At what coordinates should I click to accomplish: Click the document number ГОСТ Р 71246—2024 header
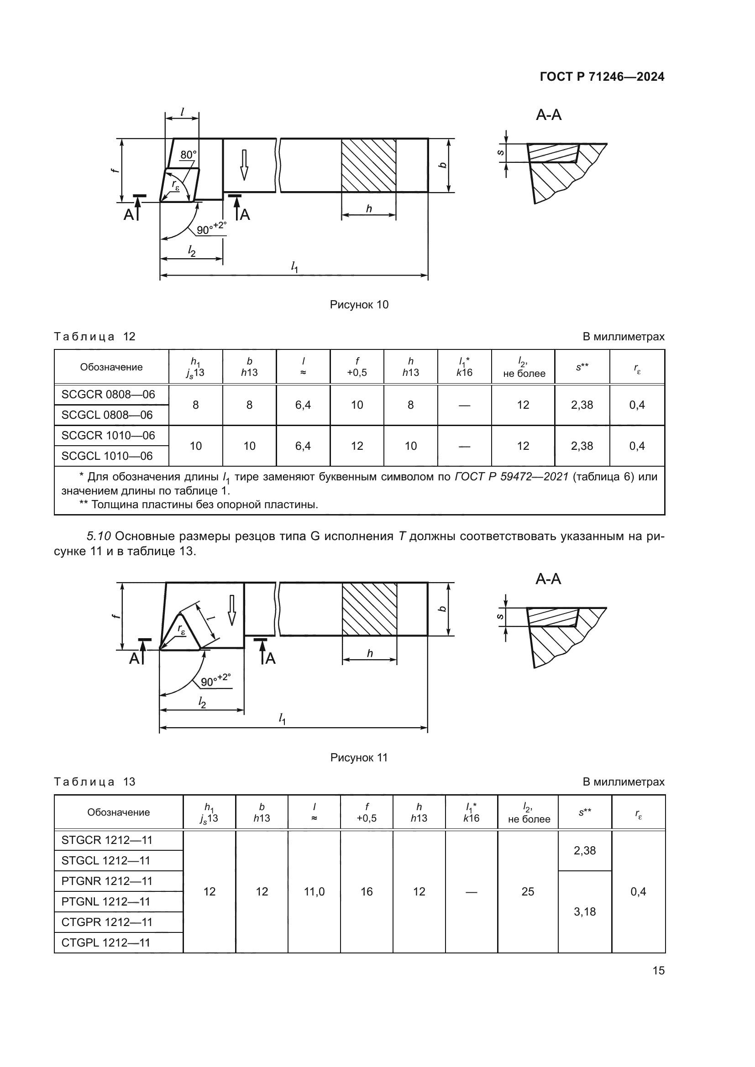click(602, 77)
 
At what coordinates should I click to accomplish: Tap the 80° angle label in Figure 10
click(188, 155)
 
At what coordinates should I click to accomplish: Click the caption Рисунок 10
click(359, 305)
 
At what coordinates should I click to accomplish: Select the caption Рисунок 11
click(359, 758)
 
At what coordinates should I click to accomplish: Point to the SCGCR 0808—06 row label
click(108, 395)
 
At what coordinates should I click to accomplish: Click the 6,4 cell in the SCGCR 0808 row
click(303, 405)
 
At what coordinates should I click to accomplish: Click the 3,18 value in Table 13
click(584, 912)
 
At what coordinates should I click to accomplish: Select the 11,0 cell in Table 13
click(314, 891)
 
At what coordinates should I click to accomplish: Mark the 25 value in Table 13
click(528, 891)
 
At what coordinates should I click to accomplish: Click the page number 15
click(658, 970)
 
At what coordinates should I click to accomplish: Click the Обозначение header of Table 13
click(119, 812)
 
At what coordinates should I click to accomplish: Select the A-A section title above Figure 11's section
click(548, 579)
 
